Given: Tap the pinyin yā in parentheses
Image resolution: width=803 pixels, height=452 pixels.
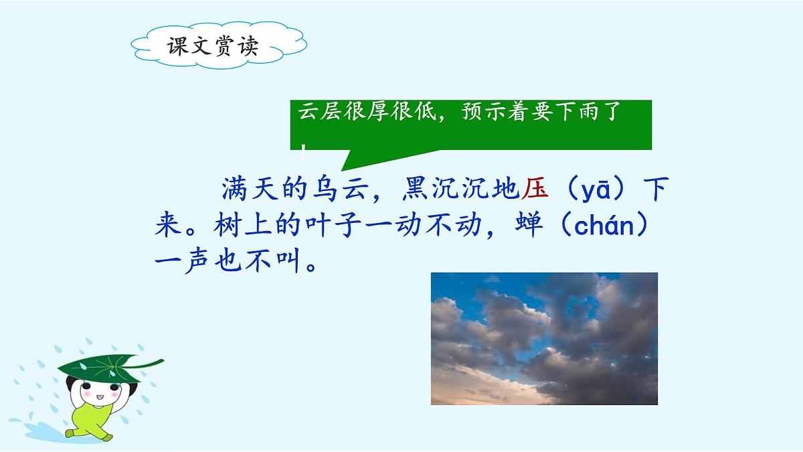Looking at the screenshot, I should tap(596, 191).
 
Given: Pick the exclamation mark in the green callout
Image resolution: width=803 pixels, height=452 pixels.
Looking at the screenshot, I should tap(304, 151).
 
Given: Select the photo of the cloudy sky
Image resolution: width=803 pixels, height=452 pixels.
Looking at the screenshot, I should tap(544, 338).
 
